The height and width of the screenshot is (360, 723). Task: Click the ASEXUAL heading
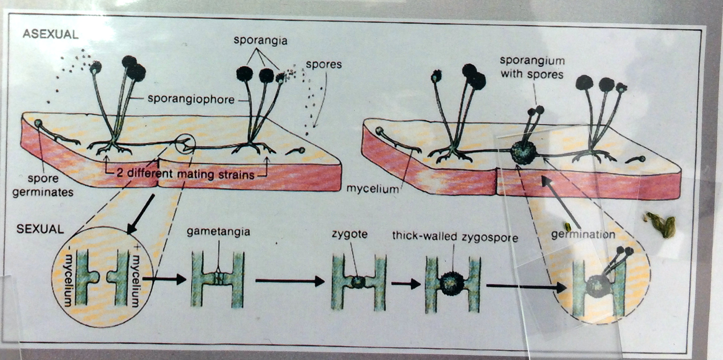pos(50,34)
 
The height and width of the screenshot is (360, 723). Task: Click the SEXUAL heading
pos(40,229)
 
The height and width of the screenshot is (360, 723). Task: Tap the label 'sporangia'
pos(260,41)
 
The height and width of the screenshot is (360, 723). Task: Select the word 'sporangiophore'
pos(191,99)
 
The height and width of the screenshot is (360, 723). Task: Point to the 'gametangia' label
pos(218,232)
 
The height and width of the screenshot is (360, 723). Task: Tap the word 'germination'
pos(583,235)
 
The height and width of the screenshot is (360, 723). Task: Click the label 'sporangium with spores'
pos(532,67)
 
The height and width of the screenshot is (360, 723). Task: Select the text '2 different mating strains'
pos(185,174)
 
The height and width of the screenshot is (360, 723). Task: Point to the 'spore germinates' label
pos(43,185)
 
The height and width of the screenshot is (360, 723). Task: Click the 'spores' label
pos(324,65)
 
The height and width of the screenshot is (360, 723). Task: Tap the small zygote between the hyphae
pos(357,282)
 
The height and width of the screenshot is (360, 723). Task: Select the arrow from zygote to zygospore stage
pos(406,283)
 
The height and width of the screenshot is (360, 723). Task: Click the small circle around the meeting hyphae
pos(185,144)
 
